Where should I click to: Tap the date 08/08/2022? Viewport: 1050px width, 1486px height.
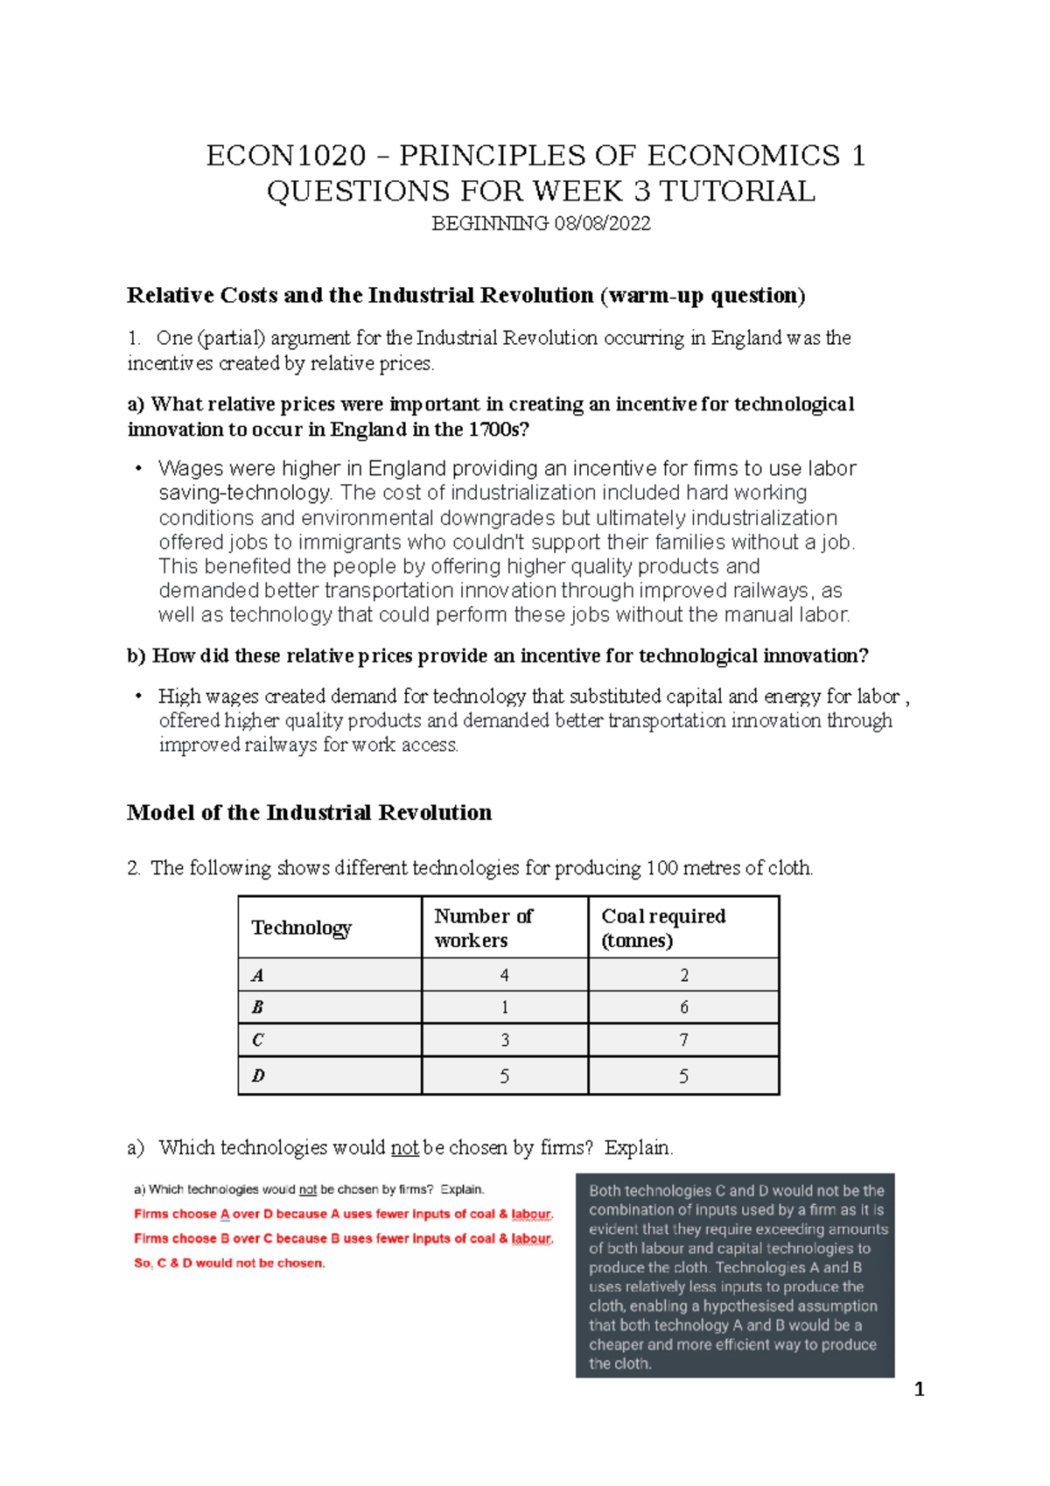pyautogui.click(x=602, y=224)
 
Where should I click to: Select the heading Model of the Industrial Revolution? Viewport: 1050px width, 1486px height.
pyautogui.click(x=309, y=812)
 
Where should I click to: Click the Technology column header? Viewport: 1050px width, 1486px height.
pyautogui.click(x=301, y=928)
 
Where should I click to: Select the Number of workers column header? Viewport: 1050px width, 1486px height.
pyautogui.click(x=483, y=928)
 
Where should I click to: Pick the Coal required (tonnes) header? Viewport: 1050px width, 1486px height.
pyautogui.click(x=663, y=928)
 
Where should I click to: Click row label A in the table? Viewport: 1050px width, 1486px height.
pyautogui.click(x=257, y=975)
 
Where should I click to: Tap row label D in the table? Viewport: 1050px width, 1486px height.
pyautogui.click(x=257, y=1076)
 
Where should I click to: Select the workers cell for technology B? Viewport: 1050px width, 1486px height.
pyautogui.click(x=504, y=1007)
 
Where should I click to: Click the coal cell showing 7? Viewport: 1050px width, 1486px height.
pyautogui.click(x=683, y=1041)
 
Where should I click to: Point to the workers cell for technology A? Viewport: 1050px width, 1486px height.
pyautogui.click(x=504, y=975)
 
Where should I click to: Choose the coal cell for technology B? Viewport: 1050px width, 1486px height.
pyautogui.click(x=683, y=1007)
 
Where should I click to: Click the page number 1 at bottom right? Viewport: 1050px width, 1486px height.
pyautogui.click(x=919, y=1390)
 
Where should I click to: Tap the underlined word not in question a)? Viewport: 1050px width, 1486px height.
pyautogui.click(x=404, y=1147)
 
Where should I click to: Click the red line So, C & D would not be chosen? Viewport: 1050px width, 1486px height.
pyautogui.click(x=229, y=1263)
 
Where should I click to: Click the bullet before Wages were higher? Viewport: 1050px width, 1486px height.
pyautogui.click(x=138, y=469)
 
